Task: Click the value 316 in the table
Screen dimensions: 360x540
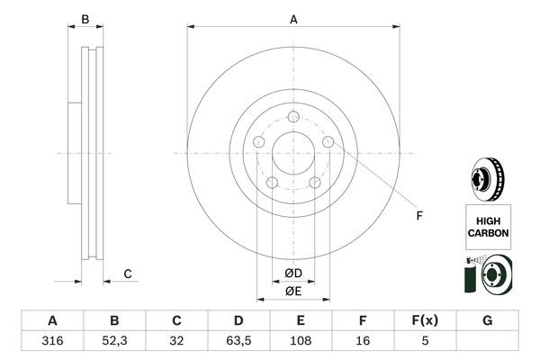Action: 52,342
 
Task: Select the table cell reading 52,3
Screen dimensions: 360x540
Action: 114,342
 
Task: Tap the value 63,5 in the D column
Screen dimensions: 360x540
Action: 238,342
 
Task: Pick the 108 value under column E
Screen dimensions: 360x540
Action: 301,342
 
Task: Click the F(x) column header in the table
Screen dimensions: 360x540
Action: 425,320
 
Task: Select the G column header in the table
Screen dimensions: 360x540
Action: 487,320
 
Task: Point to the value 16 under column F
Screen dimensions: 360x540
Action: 363,342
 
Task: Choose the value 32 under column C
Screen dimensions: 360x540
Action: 176,342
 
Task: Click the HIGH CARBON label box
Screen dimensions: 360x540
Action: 488,226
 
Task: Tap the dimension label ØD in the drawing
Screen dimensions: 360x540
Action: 292,274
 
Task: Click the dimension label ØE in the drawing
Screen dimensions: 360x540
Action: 292,291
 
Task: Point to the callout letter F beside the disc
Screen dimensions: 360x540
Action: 418,214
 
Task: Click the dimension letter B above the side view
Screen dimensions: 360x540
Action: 85,19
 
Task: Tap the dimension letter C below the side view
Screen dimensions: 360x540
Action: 128,274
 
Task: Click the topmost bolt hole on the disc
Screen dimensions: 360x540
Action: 292,116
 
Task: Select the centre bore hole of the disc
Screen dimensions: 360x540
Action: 292,154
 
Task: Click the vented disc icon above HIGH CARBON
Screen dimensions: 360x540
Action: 488,176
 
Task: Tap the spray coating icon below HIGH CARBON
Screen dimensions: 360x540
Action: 488,274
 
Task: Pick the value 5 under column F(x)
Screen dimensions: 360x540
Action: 425,342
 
